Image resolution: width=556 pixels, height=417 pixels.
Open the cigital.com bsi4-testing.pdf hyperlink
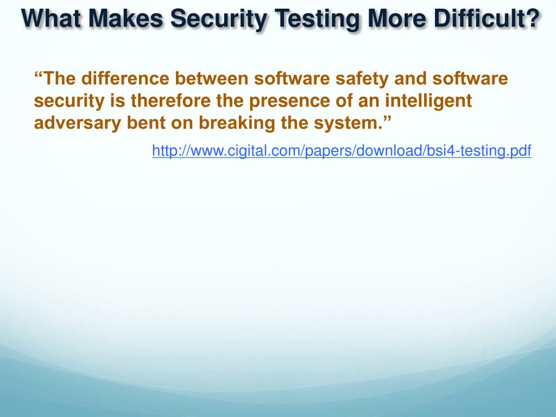point(342,150)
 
